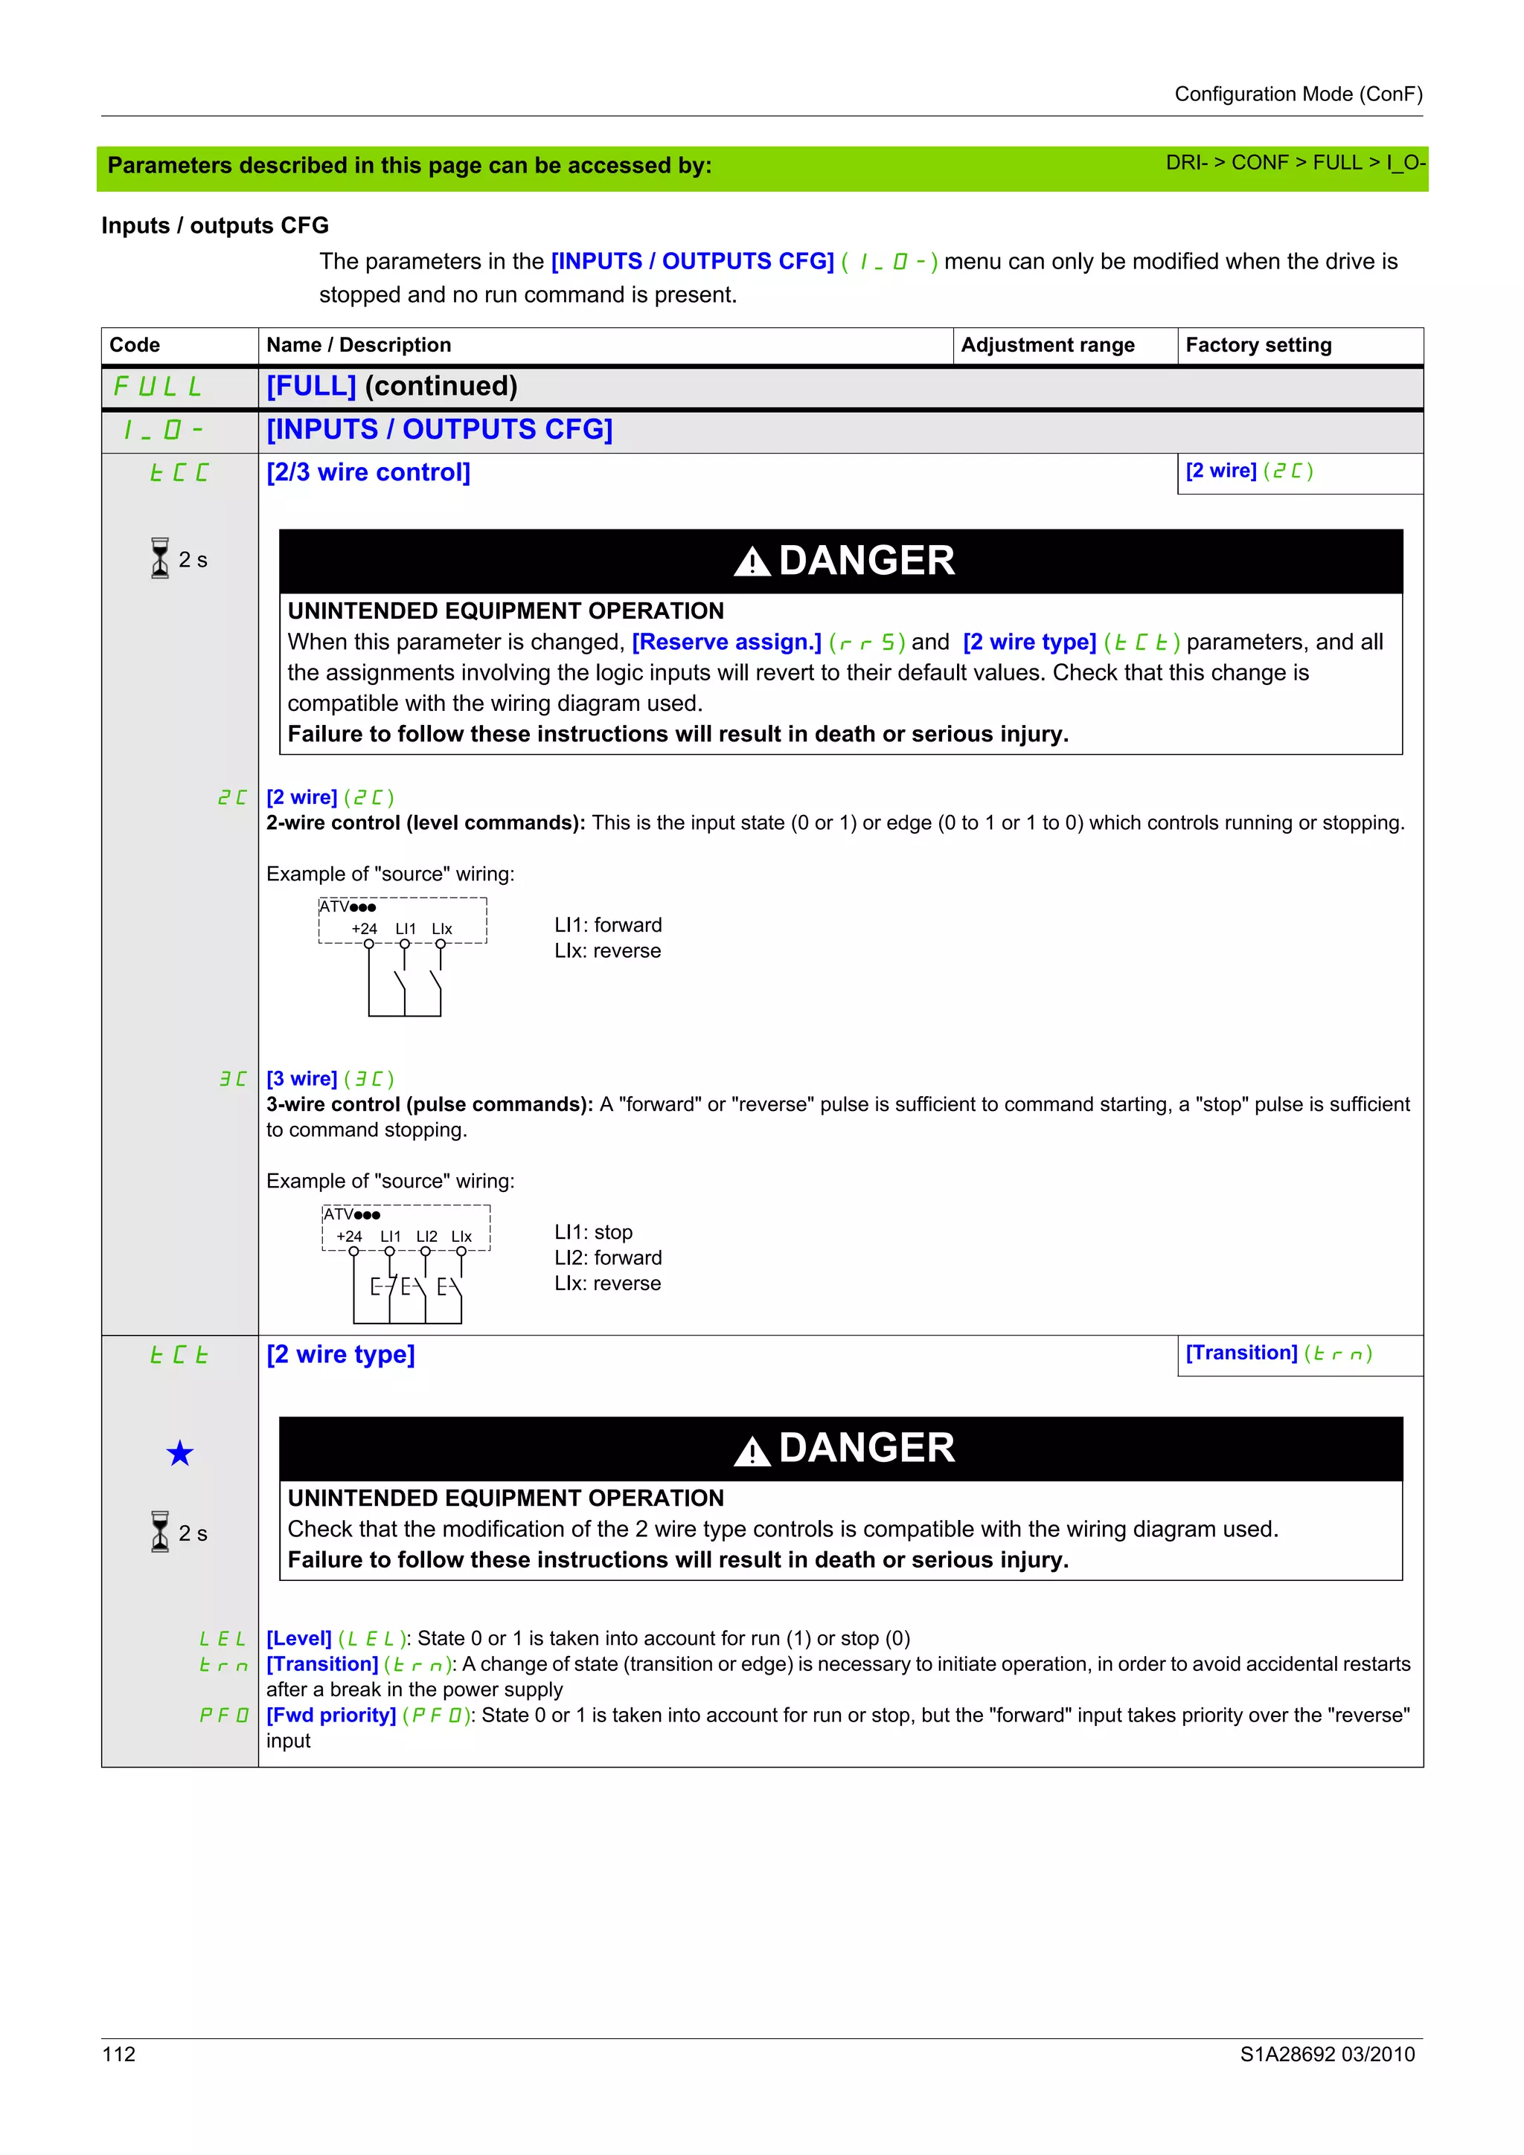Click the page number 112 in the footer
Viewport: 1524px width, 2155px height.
click(x=118, y=2054)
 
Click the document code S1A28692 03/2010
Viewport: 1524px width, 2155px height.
click(x=1326, y=2054)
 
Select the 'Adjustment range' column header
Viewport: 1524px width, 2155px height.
click(x=1047, y=344)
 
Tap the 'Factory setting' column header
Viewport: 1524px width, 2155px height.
click(x=1258, y=344)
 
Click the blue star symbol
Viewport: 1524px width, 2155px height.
click(x=179, y=1453)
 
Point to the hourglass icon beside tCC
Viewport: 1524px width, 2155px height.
click(x=161, y=558)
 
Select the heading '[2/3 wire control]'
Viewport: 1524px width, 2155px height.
click(x=368, y=472)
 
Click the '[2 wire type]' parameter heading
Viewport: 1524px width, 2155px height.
click(x=340, y=1354)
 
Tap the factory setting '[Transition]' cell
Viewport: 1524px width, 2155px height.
click(x=1277, y=1353)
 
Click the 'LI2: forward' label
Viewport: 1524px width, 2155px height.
click(x=607, y=1257)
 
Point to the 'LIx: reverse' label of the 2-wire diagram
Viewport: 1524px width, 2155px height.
click(x=607, y=951)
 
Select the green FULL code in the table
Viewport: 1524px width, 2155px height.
click(x=157, y=386)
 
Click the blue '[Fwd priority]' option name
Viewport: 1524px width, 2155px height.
click(x=330, y=1715)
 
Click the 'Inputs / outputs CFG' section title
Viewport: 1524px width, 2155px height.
click(x=215, y=225)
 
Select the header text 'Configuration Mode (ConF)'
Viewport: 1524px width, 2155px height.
click(x=1298, y=94)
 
